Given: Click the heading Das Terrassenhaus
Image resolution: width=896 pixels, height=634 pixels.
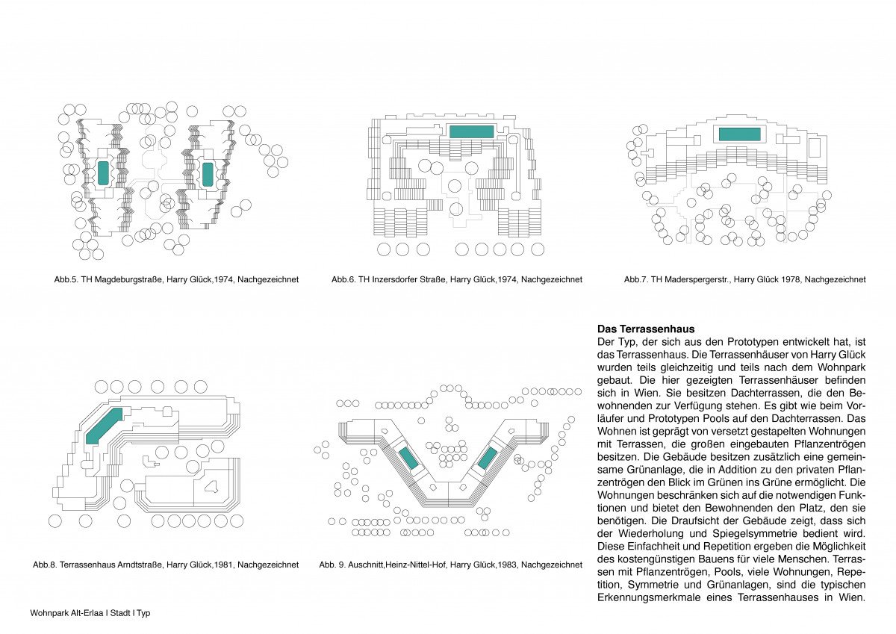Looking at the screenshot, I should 646,329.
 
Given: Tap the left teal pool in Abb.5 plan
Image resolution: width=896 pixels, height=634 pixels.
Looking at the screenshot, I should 103,173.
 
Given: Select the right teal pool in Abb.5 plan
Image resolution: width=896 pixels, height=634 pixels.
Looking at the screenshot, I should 208,174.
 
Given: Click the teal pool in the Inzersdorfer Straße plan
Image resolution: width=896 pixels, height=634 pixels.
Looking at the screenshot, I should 472,131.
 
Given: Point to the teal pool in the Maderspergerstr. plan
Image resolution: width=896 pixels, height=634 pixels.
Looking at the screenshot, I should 739,134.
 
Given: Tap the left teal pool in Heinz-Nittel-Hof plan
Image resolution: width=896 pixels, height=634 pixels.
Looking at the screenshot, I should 408,458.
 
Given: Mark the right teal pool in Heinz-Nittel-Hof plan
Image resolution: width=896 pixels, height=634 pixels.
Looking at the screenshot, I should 487,458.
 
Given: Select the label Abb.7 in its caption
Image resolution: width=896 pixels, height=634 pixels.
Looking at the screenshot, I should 636,280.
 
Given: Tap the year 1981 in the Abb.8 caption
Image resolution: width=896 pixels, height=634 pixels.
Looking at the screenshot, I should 222,565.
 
